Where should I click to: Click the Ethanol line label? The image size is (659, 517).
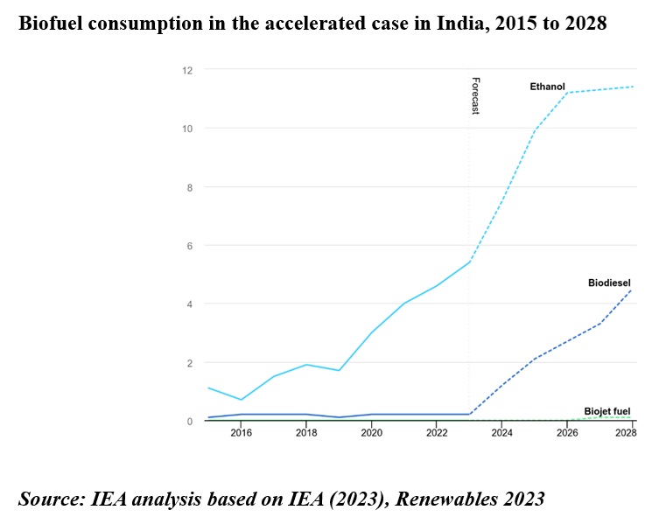(x=547, y=87)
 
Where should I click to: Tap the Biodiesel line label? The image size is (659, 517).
(x=609, y=283)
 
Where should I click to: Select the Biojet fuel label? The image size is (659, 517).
(x=607, y=410)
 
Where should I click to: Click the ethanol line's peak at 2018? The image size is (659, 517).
(x=306, y=365)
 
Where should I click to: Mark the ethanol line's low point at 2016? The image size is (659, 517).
(x=242, y=400)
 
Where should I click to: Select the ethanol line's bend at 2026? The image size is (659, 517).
(x=567, y=93)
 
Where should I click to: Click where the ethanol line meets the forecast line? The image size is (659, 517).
(x=470, y=262)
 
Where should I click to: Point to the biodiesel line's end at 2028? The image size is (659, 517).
(x=632, y=290)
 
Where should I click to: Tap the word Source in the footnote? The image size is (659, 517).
(x=47, y=499)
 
